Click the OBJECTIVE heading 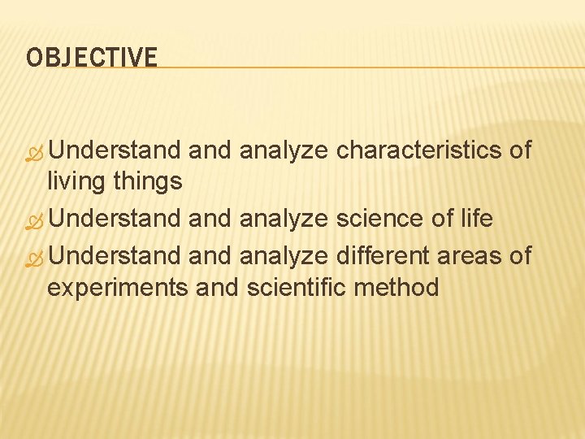(x=92, y=58)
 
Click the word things (x=149, y=181)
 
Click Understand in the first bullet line (x=119, y=150)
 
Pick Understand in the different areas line (x=119, y=255)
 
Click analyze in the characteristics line (x=283, y=150)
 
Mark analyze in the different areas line (x=283, y=255)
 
